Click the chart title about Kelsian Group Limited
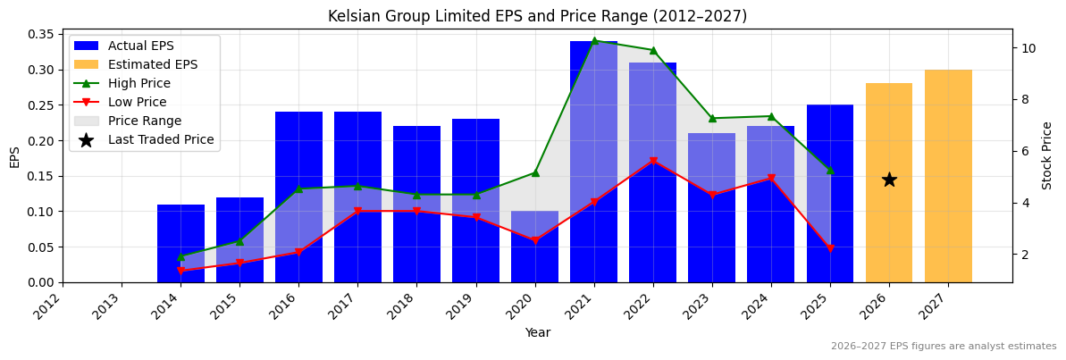pyautogui.click(x=537, y=16)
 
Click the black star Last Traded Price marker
pyautogui.click(x=889, y=180)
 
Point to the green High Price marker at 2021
pyautogui.click(x=594, y=41)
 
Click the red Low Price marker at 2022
pyautogui.click(x=653, y=162)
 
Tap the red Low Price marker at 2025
pyautogui.click(x=830, y=249)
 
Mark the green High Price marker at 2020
pyautogui.click(x=535, y=172)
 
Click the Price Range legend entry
pyautogui.click(x=144, y=121)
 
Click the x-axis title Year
pyautogui.click(x=537, y=332)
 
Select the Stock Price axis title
pyautogui.click(x=1047, y=155)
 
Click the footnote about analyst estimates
pyautogui.click(x=943, y=347)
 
